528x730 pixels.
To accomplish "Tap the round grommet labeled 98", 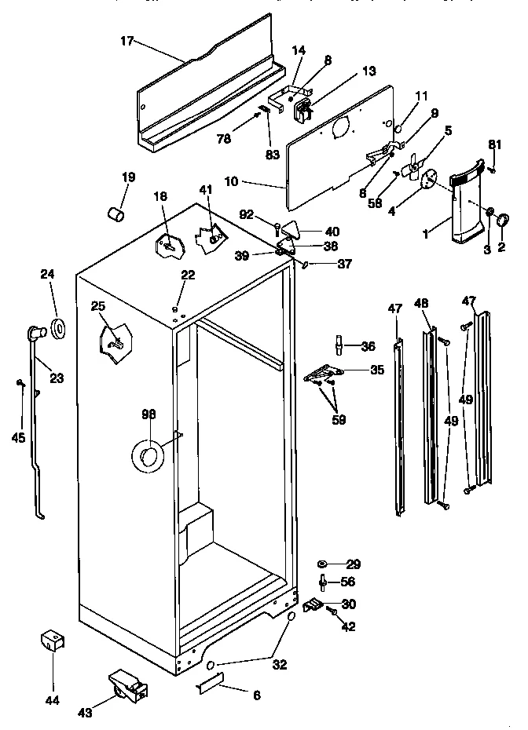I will pyautogui.click(x=147, y=455).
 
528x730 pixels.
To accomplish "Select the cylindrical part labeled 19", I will pyautogui.click(x=116, y=212).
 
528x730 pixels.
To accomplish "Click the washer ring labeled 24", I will pyautogui.click(x=58, y=327).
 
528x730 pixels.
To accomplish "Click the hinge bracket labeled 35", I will pyautogui.click(x=323, y=374).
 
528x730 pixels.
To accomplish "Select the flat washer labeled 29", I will pyautogui.click(x=322, y=564).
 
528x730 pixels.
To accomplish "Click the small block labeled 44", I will pyautogui.click(x=52, y=641).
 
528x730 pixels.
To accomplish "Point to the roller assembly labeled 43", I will pyautogui.click(x=126, y=688).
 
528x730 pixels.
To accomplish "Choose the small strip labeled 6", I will pyautogui.click(x=209, y=682).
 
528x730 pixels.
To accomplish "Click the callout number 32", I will pyautogui.click(x=279, y=664).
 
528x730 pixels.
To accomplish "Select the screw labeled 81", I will pyautogui.click(x=493, y=166).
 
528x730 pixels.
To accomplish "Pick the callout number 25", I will pyautogui.click(x=98, y=305).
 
